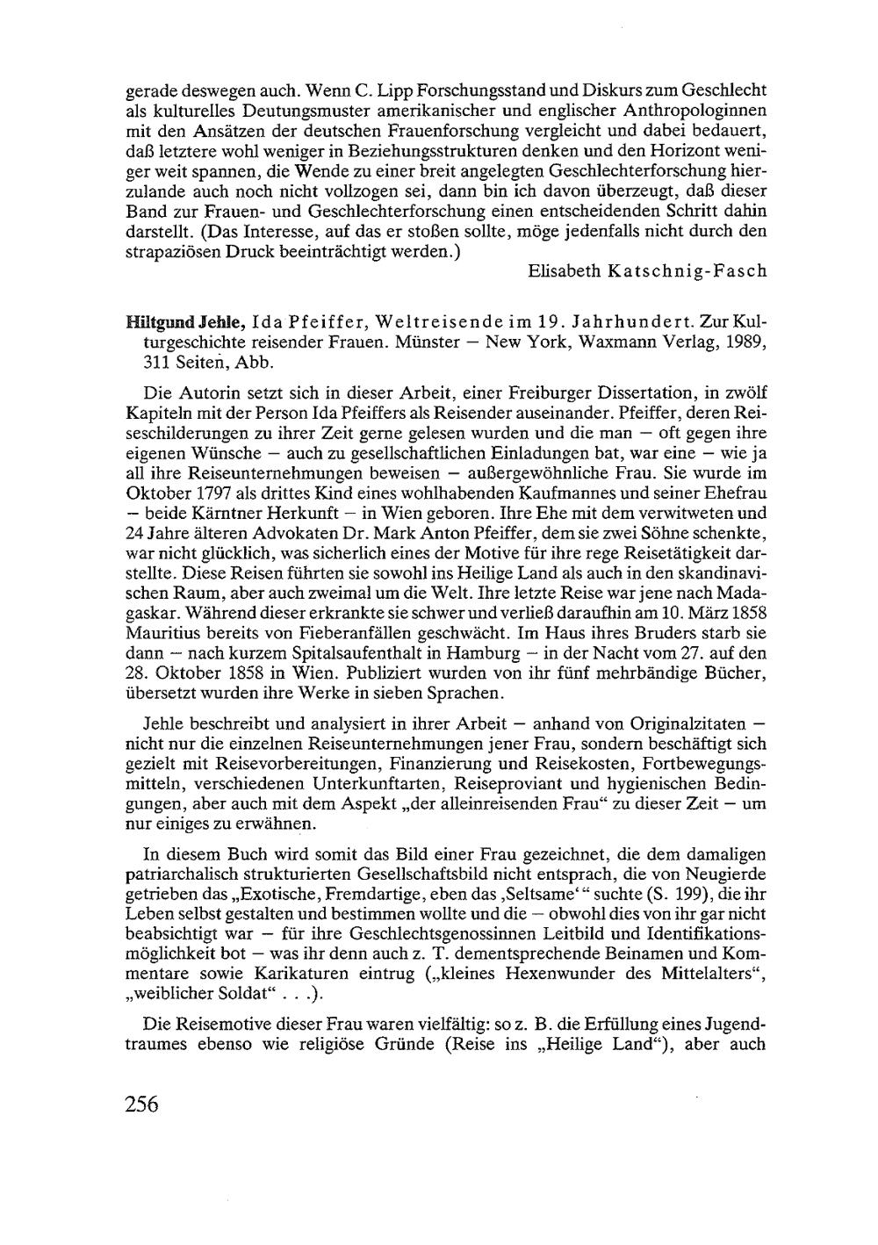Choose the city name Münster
pos(430,342)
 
